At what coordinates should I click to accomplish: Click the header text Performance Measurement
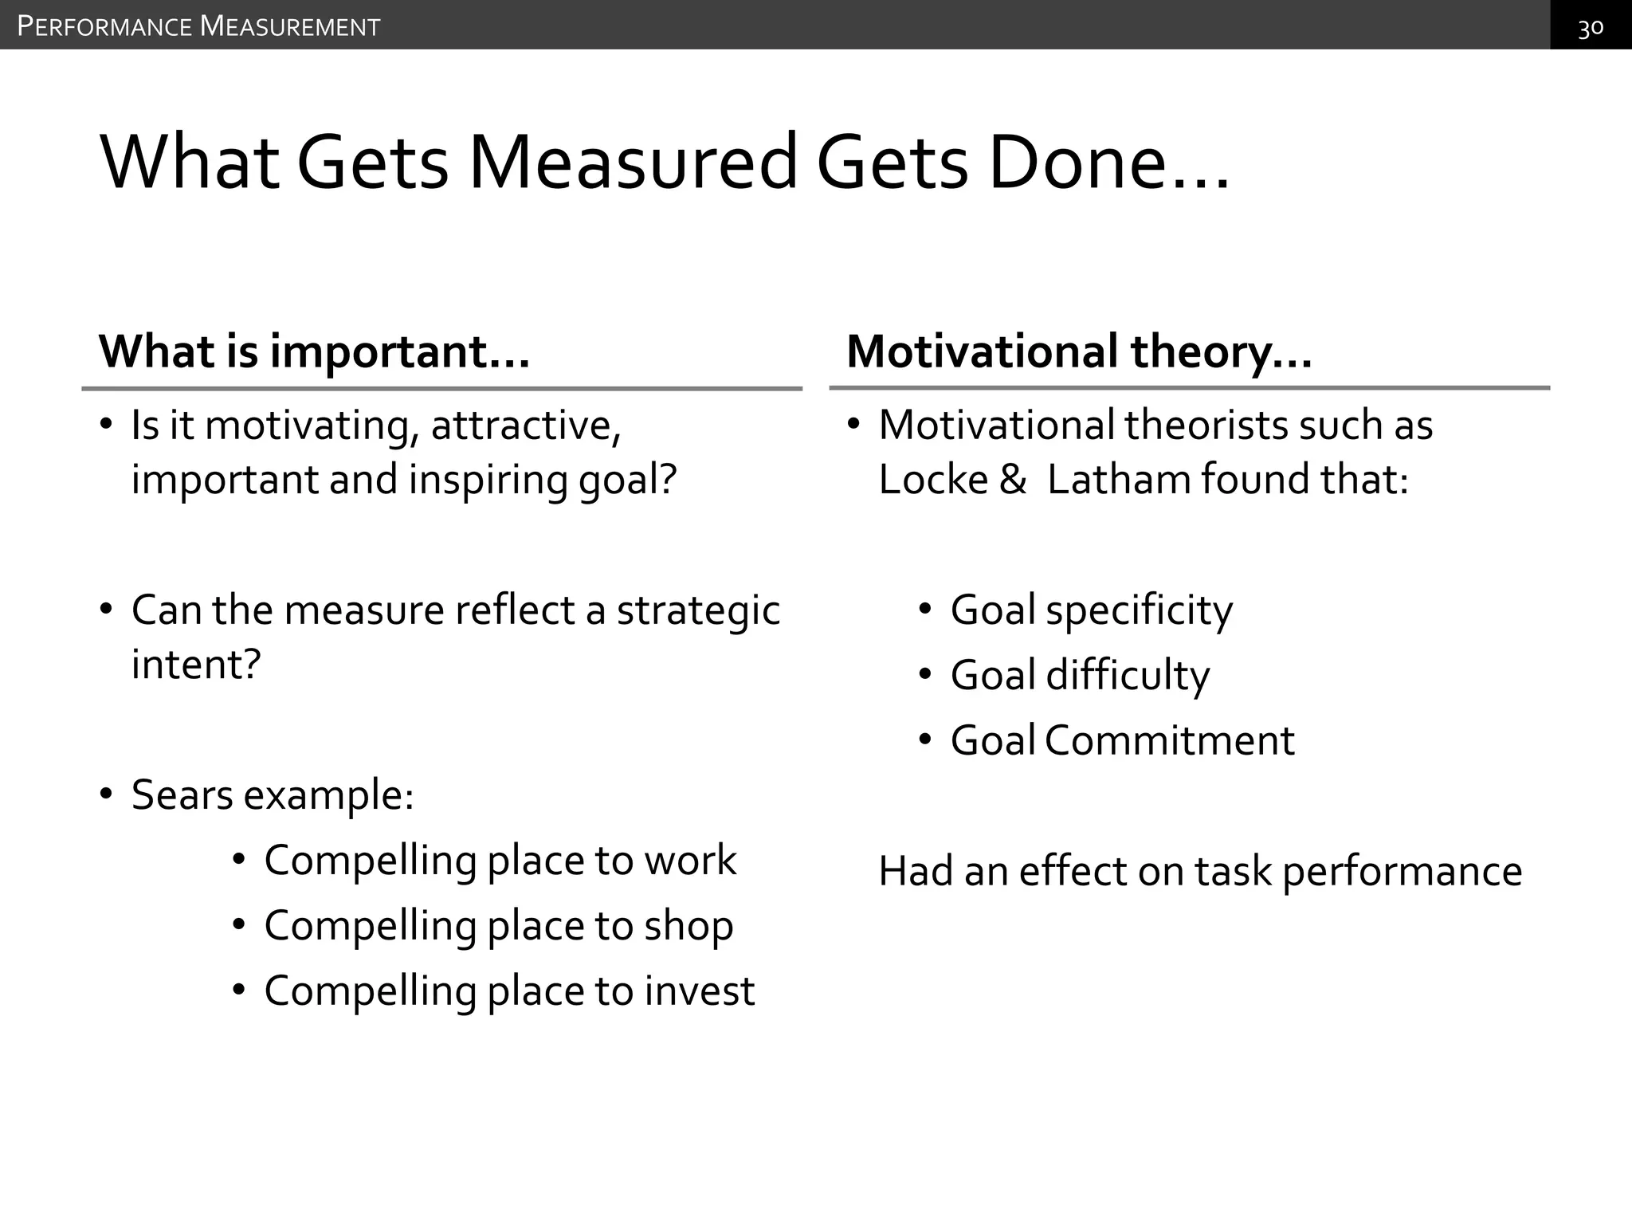click(x=198, y=27)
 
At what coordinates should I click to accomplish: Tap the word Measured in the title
click(x=633, y=163)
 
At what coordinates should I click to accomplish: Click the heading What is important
click(x=314, y=351)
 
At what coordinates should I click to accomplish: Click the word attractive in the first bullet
click(x=526, y=425)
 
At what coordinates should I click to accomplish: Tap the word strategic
click(x=698, y=611)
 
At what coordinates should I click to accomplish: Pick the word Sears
click(x=182, y=794)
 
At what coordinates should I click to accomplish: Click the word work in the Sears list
click(x=690, y=861)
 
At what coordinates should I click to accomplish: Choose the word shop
click(x=688, y=926)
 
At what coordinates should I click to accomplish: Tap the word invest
click(x=699, y=991)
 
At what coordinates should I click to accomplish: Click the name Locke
click(x=933, y=480)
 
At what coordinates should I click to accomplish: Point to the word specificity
click(x=1139, y=611)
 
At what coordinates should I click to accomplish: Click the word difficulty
click(x=1128, y=676)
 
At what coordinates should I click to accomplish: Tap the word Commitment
click(x=1169, y=741)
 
